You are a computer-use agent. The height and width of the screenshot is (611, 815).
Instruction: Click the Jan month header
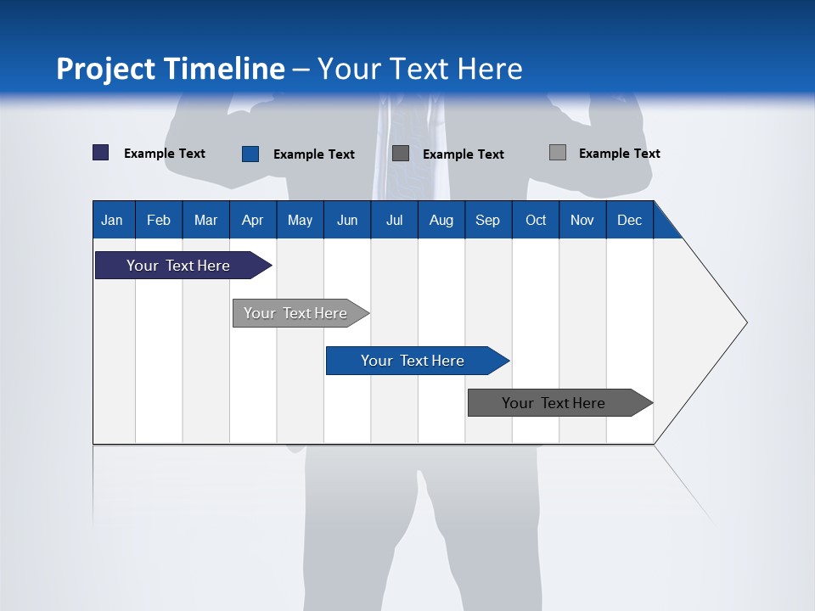click(x=112, y=220)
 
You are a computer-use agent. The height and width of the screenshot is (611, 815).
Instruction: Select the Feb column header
click(x=159, y=220)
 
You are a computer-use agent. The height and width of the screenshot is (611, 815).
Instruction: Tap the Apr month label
click(x=252, y=220)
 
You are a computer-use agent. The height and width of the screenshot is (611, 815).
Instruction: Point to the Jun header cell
click(x=347, y=220)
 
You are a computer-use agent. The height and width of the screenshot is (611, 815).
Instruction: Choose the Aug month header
click(x=441, y=220)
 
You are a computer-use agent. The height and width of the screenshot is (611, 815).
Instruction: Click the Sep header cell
click(x=487, y=220)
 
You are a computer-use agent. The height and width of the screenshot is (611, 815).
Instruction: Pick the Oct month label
click(x=536, y=220)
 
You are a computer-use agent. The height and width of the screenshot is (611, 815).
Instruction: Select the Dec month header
click(x=629, y=220)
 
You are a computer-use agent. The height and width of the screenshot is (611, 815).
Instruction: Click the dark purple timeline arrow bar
click(x=179, y=266)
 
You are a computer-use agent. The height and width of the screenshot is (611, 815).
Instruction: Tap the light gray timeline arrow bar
click(x=296, y=313)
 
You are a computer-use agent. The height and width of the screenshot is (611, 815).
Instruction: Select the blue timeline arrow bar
click(x=413, y=361)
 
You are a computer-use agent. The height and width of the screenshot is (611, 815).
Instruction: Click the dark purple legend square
click(x=101, y=153)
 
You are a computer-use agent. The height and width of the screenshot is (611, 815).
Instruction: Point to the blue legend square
click(x=250, y=154)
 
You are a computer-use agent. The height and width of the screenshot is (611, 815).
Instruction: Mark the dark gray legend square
click(x=401, y=154)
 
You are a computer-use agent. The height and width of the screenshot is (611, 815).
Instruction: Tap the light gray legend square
click(x=558, y=153)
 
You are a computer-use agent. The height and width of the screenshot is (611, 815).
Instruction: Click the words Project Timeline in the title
click(x=170, y=69)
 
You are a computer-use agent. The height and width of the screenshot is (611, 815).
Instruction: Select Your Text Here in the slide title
click(x=420, y=69)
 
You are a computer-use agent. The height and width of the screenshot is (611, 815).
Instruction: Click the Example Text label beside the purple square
click(x=165, y=154)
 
